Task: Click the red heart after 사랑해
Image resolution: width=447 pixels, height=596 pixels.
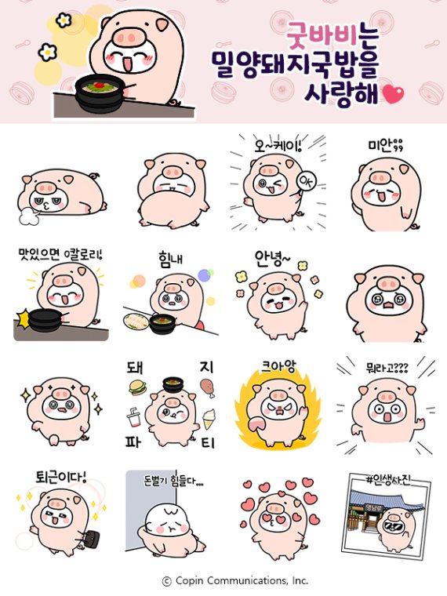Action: coord(393,96)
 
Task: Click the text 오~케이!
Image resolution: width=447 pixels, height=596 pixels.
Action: coord(278,144)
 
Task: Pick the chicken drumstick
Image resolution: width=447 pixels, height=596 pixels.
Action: coord(208,384)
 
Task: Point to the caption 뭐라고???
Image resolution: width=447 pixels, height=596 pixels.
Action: coord(387,367)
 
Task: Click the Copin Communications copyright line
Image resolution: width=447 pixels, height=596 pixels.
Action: coord(234,581)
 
